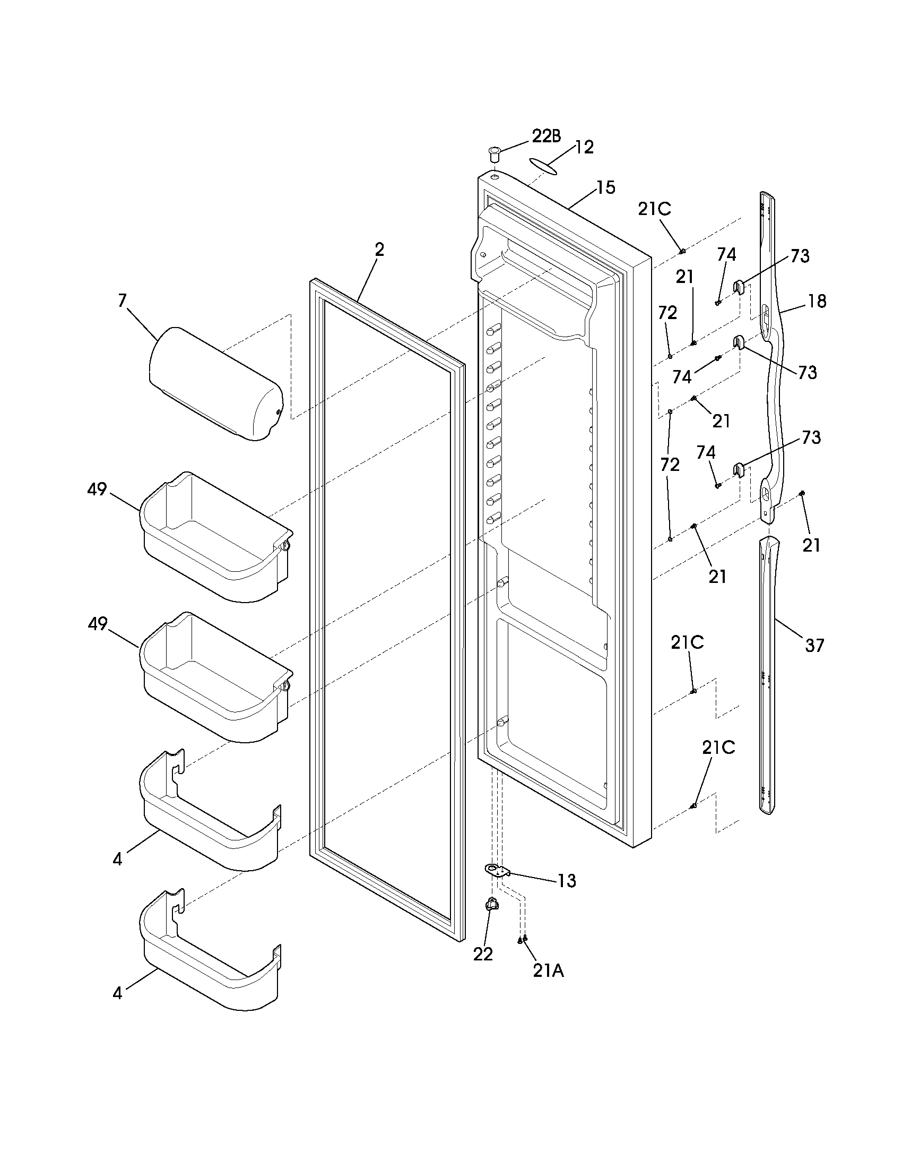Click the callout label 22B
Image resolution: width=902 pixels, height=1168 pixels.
pos(547,136)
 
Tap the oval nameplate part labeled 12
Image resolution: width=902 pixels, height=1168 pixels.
pos(544,165)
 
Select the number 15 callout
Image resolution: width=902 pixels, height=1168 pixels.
pos(605,188)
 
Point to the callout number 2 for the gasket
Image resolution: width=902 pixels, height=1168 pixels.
pos(379,250)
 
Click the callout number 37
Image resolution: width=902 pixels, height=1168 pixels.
pos(815,646)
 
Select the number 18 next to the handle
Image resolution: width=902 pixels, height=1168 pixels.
pos(817,301)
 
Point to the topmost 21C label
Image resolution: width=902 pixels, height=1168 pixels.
pos(654,209)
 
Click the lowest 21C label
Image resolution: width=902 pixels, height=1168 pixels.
pos(718,748)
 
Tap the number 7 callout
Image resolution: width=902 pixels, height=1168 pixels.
pos(123,301)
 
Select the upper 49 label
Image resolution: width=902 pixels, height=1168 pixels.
pos(97,489)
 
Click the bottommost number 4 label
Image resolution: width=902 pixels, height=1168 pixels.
pos(118,993)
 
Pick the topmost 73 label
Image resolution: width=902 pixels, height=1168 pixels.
pos(800,256)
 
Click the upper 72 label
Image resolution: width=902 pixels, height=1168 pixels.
pos(667,313)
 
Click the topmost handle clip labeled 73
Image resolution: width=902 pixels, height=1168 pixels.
pos(739,287)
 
